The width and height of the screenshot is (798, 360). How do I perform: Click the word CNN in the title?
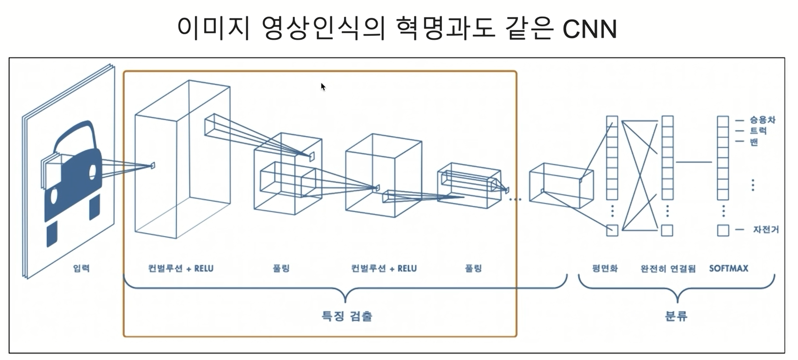pyautogui.click(x=590, y=29)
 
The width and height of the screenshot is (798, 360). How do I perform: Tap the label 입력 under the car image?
pyautogui.click(x=82, y=268)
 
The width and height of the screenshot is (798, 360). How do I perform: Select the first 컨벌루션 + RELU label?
pyautogui.click(x=181, y=268)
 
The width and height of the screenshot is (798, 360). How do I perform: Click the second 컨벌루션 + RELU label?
pyautogui.click(x=384, y=268)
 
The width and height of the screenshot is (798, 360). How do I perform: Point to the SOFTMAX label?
pyautogui.click(x=729, y=268)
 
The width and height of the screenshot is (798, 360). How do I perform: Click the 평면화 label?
pyautogui.click(x=605, y=268)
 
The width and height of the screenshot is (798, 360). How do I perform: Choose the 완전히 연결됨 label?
pyautogui.click(x=668, y=269)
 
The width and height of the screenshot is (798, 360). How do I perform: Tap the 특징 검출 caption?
pyautogui.click(x=347, y=316)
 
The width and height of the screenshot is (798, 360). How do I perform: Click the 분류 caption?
pyautogui.click(x=676, y=316)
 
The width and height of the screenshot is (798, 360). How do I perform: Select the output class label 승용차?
pyautogui.click(x=762, y=120)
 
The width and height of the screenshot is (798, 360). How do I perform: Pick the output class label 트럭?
pyautogui.click(x=758, y=131)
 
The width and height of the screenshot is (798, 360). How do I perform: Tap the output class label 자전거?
pyautogui.click(x=766, y=229)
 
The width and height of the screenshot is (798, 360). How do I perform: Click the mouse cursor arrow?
pyautogui.click(x=323, y=87)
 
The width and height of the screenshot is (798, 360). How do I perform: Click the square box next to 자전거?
pyautogui.click(x=723, y=230)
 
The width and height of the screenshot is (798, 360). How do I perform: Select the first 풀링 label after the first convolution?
pyautogui.click(x=281, y=268)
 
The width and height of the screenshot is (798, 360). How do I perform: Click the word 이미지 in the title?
pyautogui.click(x=213, y=29)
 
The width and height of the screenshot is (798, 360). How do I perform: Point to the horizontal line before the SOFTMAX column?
pyautogui.click(x=694, y=162)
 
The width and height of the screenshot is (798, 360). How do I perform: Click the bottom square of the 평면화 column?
pyautogui.click(x=612, y=230)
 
